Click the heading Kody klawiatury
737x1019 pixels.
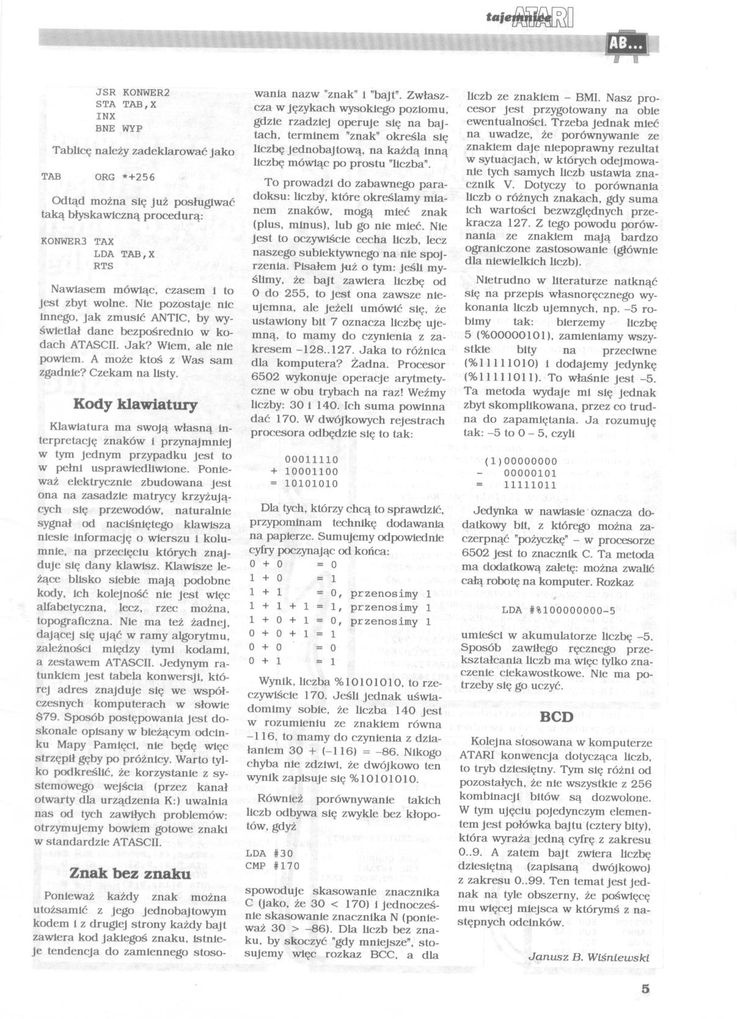135,404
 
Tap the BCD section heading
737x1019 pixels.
557,717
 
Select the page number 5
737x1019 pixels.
645,988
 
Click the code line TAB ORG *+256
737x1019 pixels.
98,177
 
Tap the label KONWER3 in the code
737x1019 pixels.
61,241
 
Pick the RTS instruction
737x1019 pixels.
103,266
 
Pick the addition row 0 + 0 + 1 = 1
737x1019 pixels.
293,634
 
